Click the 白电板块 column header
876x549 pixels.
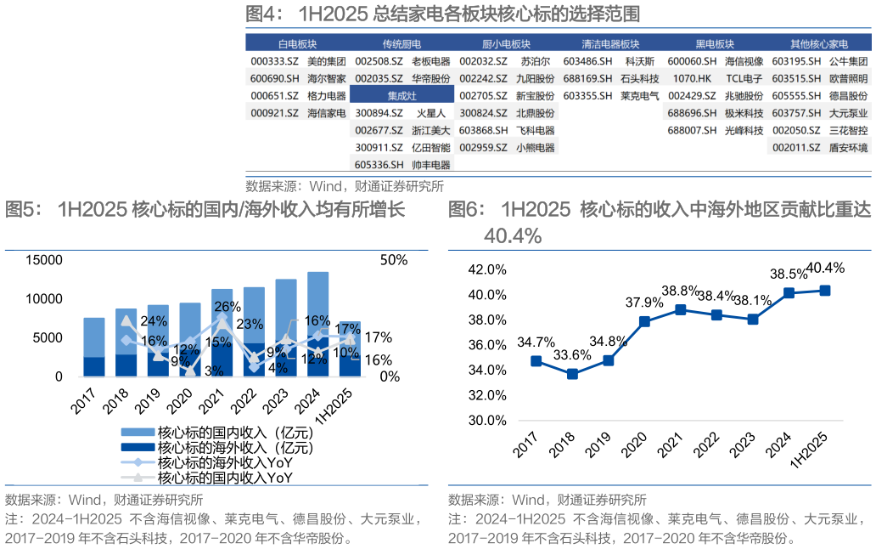[297, 44]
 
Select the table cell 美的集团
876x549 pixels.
[326, 61]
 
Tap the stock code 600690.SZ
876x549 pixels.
[273, 78]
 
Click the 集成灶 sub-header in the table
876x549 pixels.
[401, 95]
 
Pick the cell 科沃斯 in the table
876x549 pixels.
[639, 61]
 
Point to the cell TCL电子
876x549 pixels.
[744, 78]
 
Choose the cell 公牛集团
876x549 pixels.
[848, 61]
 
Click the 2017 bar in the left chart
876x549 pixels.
[94, 347]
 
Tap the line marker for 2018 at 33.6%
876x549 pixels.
[572, 374]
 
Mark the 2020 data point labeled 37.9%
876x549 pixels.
[644, 321]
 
